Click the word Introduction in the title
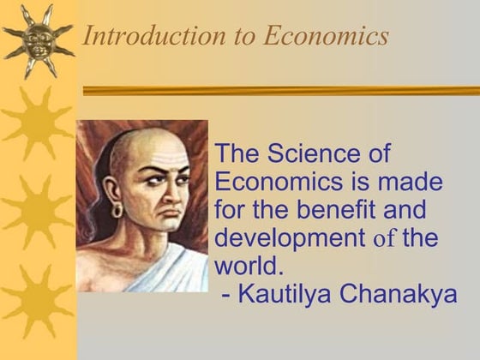[x=141, y=36]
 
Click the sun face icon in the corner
[x=38, y=37]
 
